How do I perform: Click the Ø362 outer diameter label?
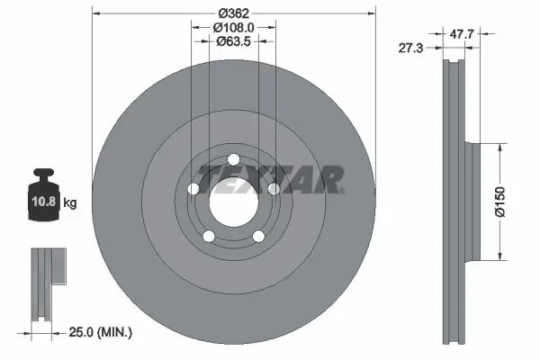234,13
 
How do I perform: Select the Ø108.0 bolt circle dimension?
234,27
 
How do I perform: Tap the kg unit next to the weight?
71,202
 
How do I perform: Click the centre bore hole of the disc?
233,200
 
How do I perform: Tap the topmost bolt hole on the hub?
233,159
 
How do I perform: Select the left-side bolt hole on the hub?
193,188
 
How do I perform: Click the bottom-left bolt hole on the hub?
209,236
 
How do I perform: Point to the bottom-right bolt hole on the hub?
258,236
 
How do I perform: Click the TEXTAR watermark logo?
270,178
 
